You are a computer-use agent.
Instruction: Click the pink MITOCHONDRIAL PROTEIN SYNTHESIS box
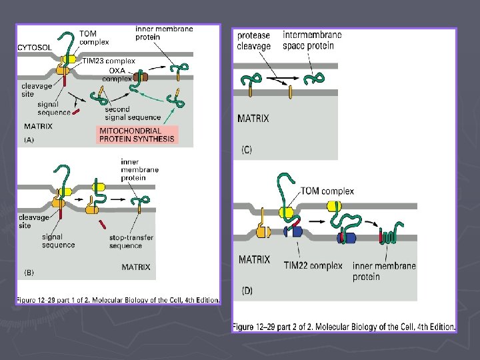tap(138, 135)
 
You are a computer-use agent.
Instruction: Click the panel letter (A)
tap(29, 140)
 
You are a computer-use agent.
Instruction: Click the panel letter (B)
tap(29, 272)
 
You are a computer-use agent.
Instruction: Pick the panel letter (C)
tap(247, 151)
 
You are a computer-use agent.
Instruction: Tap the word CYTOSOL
tap(36, 48)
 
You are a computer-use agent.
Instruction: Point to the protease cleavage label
tap(254, 41)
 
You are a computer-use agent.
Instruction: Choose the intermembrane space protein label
tap(313, 40)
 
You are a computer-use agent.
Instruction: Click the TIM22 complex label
tap(313, 265)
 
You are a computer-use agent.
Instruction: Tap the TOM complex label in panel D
tap(327, 191)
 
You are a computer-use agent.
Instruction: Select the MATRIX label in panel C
tap(253, 119)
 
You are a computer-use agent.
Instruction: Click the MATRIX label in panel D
tap(255, 259)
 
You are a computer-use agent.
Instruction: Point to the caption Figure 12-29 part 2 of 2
tap(343, 327)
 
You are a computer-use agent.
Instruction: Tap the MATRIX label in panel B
tap(136, 267)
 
